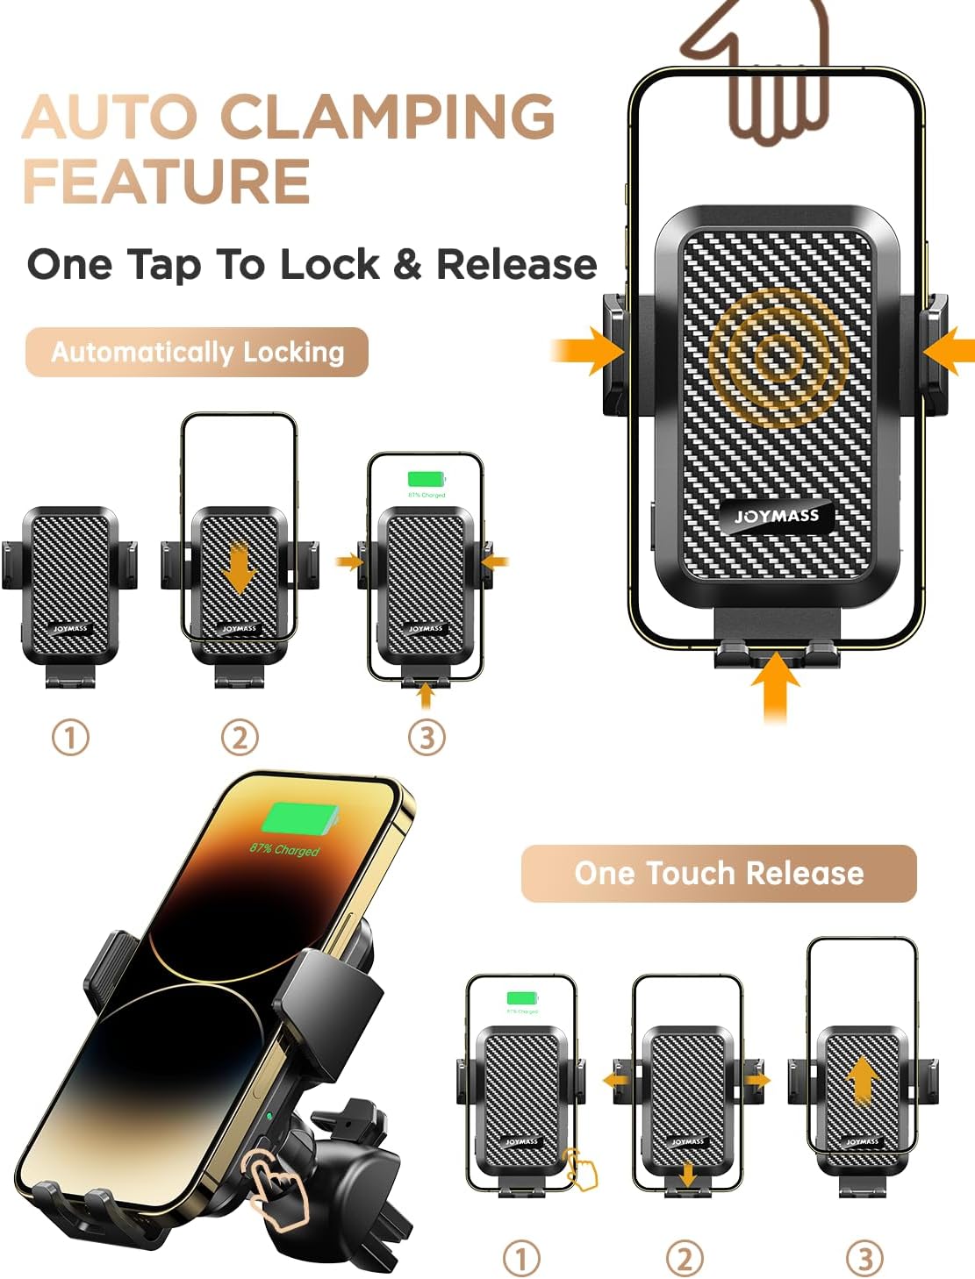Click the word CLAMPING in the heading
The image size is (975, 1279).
[x=386, y=116]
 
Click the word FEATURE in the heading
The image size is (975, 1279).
[x=167, y=181]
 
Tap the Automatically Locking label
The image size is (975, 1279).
[x=197, y=352]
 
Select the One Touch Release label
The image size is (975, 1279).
[x=719, y=873]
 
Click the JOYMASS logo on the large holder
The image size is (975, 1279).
[x=777, y=516]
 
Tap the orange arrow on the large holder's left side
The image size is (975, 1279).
[x=590, y=351]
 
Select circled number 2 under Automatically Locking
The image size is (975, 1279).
[x=240, y=737]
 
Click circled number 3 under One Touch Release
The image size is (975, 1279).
[x=864, y=1259]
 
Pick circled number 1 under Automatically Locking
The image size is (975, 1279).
[x=70, y=737]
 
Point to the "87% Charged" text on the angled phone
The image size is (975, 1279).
[x=284, y=849]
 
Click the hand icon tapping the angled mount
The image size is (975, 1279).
[x=276, y=1187]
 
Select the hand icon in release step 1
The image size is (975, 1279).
[x=580, y=1168]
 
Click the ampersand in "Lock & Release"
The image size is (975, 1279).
[x=407, y=264]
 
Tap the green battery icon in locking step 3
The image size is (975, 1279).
[x=427, y=479]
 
